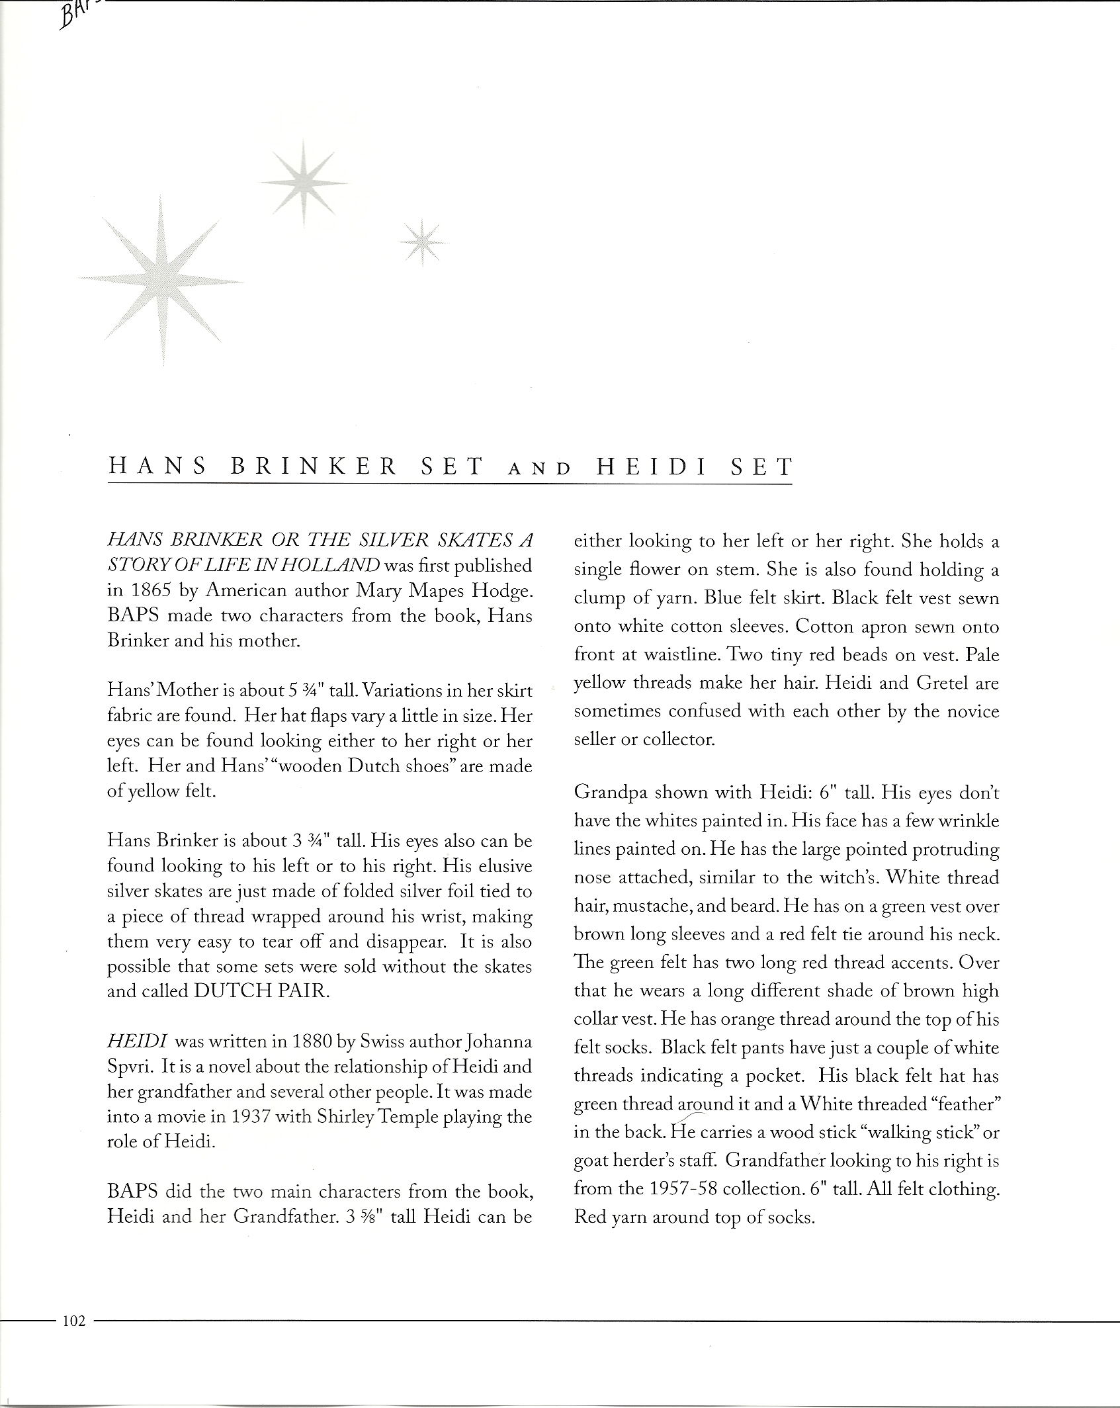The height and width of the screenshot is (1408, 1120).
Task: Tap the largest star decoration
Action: point(161,282)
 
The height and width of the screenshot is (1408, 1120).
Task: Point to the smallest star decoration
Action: point(423,243)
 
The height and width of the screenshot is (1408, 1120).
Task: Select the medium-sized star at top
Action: point(303,182)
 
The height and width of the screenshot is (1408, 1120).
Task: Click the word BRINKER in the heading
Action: point(314,468)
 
